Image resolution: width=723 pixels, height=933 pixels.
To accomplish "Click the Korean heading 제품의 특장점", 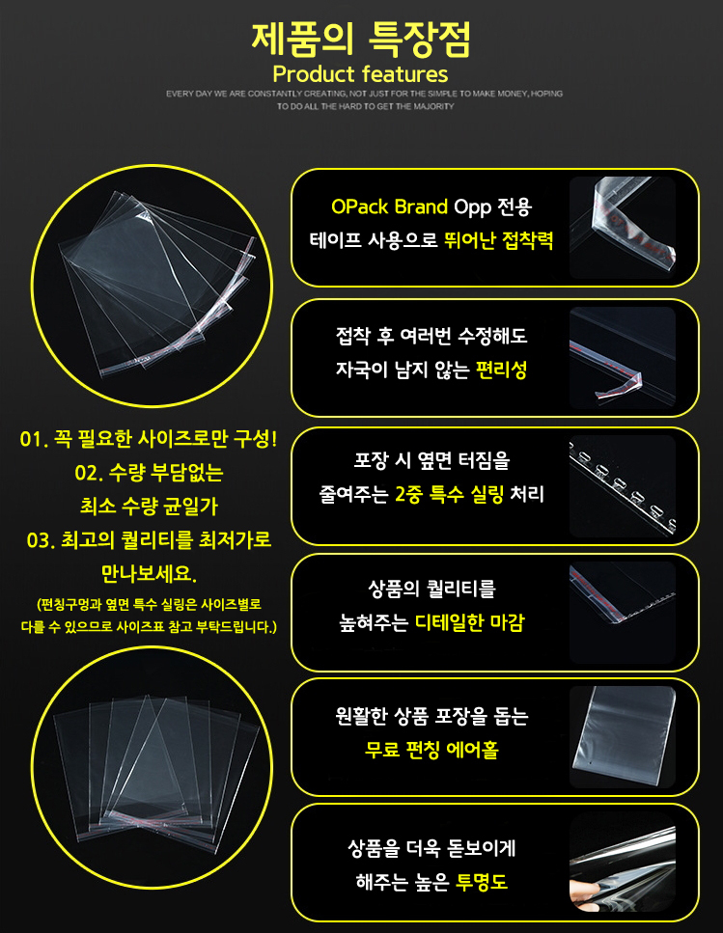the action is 361,40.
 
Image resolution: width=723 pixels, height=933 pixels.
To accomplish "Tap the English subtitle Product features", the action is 360,74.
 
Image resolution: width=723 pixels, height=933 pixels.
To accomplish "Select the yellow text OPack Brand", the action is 389,207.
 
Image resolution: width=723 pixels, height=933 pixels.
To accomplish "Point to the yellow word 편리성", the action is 502,370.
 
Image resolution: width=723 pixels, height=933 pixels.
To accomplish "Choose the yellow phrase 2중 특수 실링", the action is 449,494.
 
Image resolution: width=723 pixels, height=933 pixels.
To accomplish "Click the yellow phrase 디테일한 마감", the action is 469,623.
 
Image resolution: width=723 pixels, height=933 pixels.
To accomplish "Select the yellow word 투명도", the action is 482,882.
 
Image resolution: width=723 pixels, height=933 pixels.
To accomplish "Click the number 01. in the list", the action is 34,440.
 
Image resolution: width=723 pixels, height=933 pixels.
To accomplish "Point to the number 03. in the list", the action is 42,540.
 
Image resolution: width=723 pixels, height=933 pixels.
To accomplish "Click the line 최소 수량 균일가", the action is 149,507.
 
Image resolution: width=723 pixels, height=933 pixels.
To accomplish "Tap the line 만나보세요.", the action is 149,574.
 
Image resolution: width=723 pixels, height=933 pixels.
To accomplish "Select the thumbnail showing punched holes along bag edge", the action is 623,485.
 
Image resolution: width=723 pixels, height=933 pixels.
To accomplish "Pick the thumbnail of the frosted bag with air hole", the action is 623,736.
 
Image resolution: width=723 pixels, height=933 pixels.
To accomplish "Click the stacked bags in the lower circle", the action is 156,768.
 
